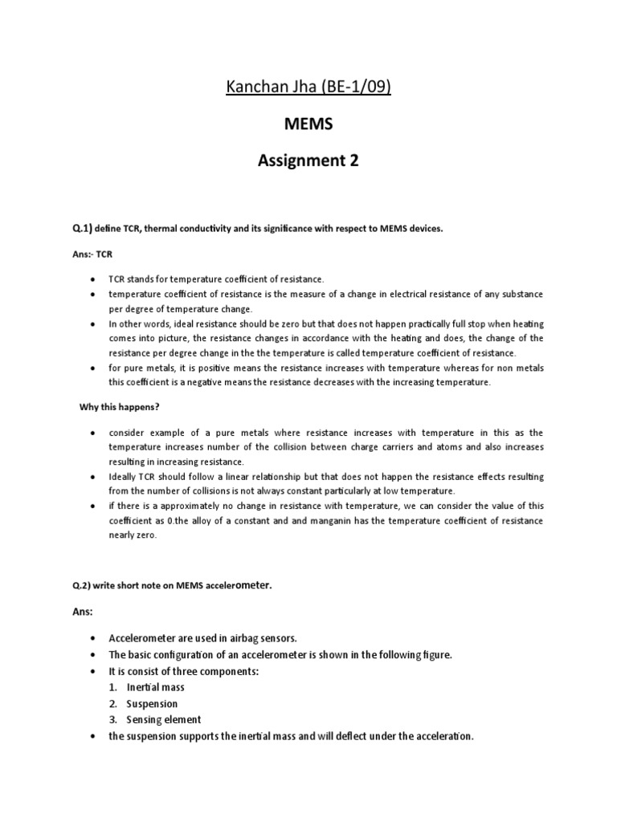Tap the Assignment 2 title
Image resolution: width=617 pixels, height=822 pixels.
(x=308, y=161)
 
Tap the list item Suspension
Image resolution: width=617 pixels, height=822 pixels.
(x=153, y=703)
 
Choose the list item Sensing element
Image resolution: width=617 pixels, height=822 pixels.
(x=164, y=719)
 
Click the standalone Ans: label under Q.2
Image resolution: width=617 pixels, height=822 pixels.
(x=83, y=612)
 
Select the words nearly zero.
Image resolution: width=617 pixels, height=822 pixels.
(x=133, y=535)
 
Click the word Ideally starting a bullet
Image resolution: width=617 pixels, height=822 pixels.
(x=125, y=477)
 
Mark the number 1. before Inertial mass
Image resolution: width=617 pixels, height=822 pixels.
(x=114, y=687)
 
